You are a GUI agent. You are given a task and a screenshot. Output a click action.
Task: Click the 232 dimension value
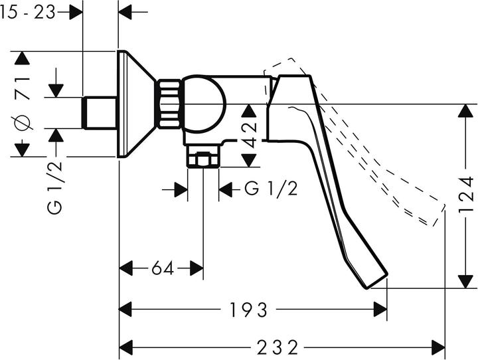[277, 347]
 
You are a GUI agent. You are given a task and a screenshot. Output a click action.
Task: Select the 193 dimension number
[248, 310]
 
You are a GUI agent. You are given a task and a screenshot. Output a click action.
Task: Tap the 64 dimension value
[163, 268]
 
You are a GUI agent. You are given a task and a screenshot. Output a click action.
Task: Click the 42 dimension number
[249, 135]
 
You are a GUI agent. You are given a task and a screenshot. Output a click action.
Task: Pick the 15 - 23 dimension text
[28, 13]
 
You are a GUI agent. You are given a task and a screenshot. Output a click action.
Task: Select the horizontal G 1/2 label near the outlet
[271, 189]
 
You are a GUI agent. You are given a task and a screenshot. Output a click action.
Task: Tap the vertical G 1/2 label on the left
[55, 187]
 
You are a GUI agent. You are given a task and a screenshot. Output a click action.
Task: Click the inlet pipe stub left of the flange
[100, 113]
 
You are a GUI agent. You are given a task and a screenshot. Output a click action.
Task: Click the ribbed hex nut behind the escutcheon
[169, 104]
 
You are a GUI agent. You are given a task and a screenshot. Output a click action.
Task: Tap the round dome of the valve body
[204, 104]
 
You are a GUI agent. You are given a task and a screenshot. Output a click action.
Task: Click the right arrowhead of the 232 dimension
[439, 347]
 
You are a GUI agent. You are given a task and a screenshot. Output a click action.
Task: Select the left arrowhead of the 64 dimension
[125, 268]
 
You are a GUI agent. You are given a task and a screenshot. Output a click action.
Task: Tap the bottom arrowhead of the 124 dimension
[465, 281]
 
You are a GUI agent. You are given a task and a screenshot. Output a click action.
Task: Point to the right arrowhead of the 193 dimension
[380, 310]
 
